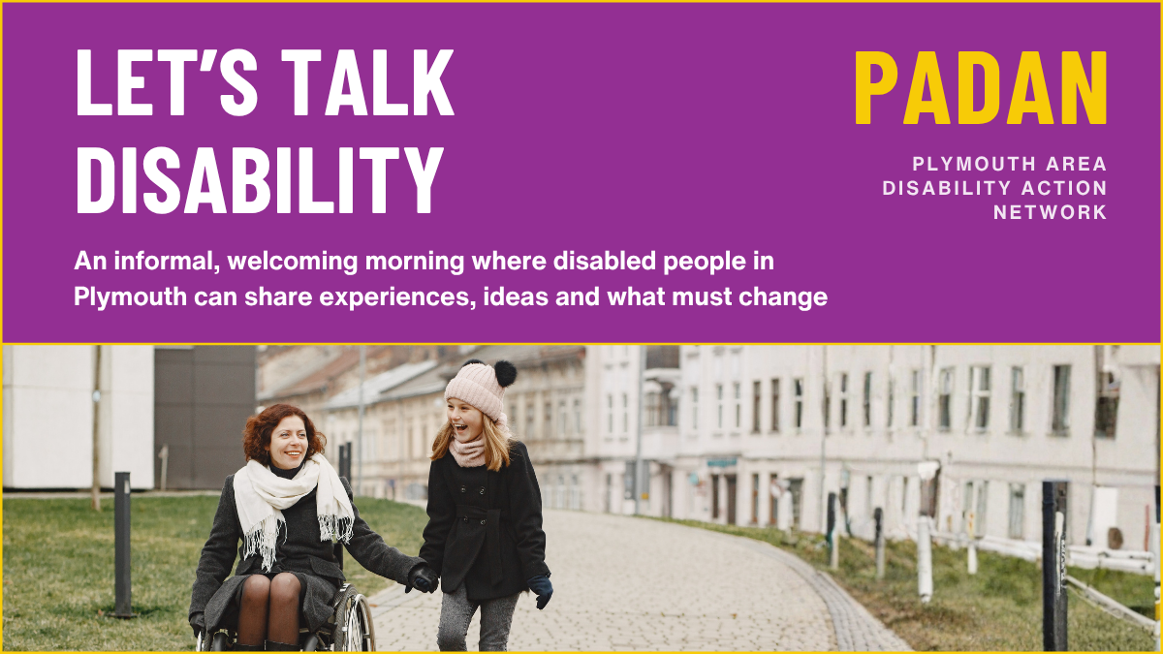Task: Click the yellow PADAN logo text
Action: click(981, 88)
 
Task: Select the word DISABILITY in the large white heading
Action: click(260, 179)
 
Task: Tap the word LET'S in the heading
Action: click(167, 82)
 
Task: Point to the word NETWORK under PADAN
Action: click(1051, 212)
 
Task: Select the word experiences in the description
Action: click(397, 297)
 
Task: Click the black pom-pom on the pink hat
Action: click(505, 373)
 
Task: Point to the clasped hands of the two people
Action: click(423, 578)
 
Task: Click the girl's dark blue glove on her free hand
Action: click(541, 590)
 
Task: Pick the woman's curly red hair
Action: click(280, 432)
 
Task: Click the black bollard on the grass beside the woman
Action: click(122, 544)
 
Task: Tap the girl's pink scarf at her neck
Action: click(470, 449)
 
